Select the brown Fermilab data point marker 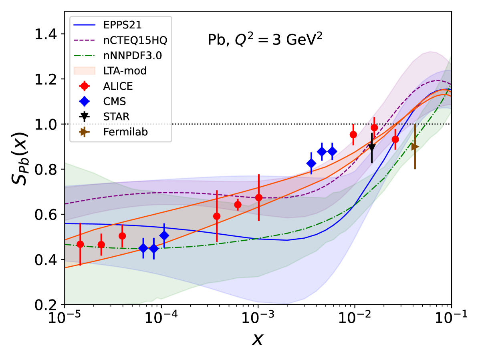415,147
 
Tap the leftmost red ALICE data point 80,244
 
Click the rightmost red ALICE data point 395,139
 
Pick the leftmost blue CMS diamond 143,248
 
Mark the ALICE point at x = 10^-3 259,197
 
